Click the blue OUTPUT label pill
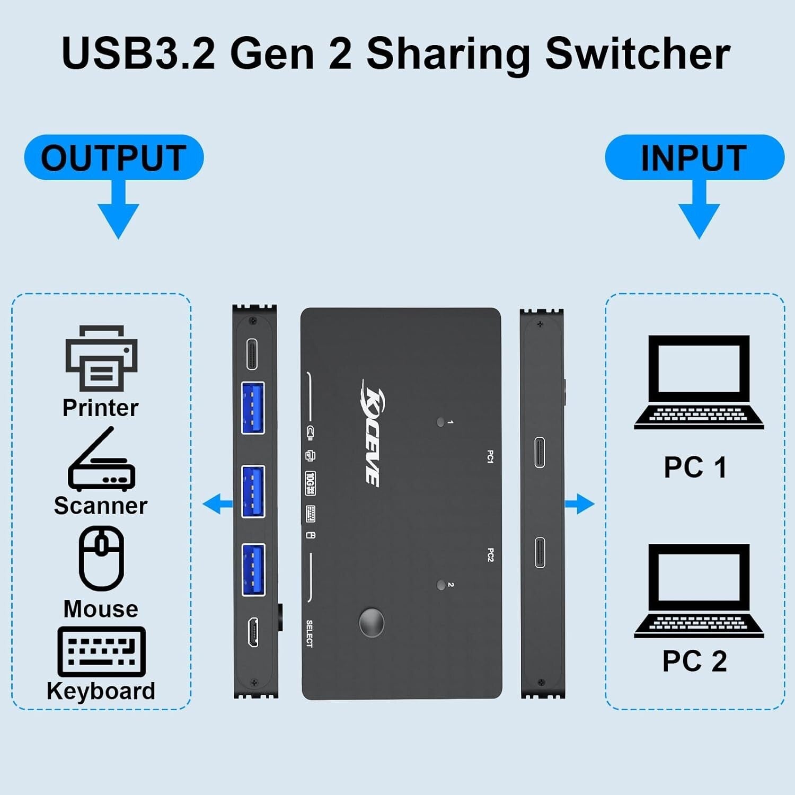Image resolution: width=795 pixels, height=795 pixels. point(113,157)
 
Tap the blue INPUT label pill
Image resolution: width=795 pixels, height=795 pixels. point(694,157)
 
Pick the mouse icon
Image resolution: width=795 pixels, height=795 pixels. point(101,558)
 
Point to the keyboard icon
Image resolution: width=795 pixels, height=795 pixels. point(101,652)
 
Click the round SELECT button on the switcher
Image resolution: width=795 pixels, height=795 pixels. point(372,622)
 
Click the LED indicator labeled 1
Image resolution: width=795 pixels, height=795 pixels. point(440,422)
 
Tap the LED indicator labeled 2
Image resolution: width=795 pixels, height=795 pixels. point(440,585)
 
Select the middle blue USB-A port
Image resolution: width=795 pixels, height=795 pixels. point(253,491)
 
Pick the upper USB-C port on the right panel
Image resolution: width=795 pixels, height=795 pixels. point(540,452)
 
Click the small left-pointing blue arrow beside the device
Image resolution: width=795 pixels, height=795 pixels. point(217,503)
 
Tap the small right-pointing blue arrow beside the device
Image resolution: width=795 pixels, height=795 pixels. point(580,503)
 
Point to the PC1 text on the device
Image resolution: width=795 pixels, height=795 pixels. point(490,456)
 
